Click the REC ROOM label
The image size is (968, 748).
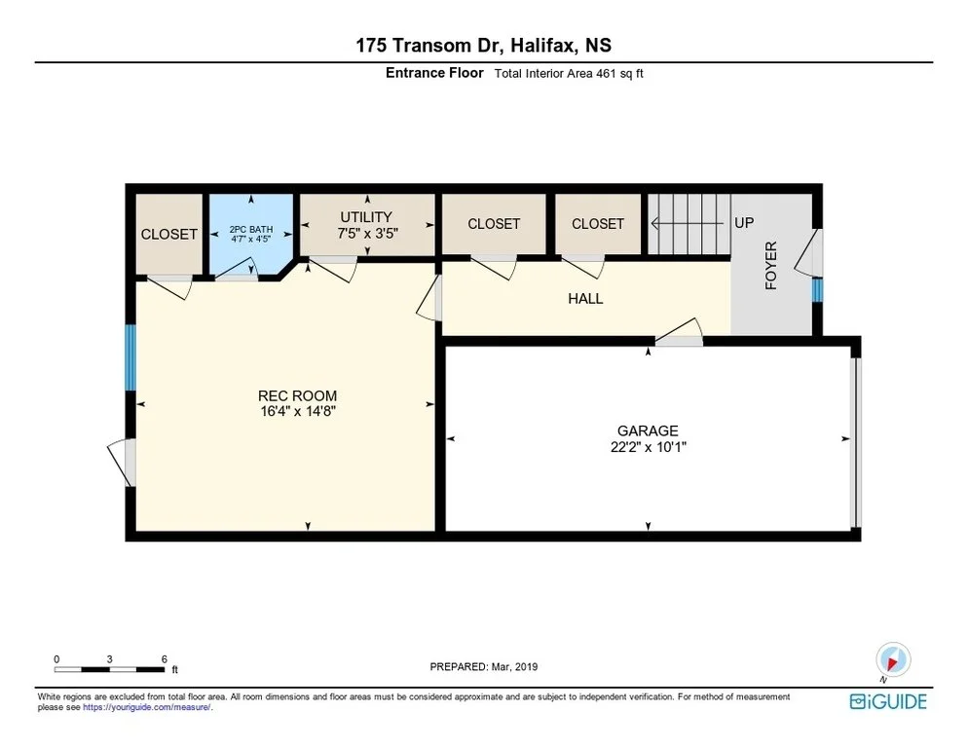pos(298,395)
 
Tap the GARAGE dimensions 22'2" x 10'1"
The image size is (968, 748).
pos(649,447)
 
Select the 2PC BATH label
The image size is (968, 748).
pos(251,229)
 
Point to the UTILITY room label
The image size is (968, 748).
pos(366,217)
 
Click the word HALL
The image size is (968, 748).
pos(585,299)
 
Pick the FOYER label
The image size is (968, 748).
pos(771,266)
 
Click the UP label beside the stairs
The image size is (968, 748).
pos(744,222)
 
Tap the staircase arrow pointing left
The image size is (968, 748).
pos(688,223)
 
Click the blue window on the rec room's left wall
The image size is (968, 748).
pos(130,357)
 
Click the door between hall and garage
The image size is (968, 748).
pos(679,332)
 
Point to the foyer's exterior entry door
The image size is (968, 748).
pos(808,252)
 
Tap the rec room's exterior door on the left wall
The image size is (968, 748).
pos(122,464)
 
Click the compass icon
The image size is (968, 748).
pos(893,659)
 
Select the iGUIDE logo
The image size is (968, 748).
pos(888,701)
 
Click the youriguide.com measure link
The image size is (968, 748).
pos(147,707)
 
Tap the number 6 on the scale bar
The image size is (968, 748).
pos(165,659)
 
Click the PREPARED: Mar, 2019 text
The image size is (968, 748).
pos(483,667)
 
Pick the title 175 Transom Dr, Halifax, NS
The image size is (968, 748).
pos(483,45)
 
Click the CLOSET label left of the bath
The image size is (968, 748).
pos(169,234)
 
